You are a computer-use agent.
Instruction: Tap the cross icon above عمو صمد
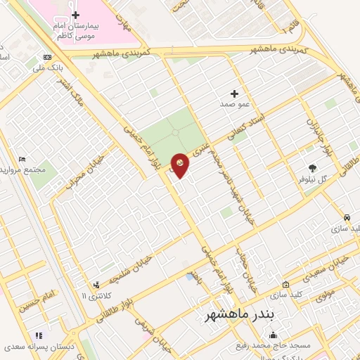click(x=234, y=94)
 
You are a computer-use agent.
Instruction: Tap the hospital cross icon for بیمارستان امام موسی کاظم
click(x=76, y=15)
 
